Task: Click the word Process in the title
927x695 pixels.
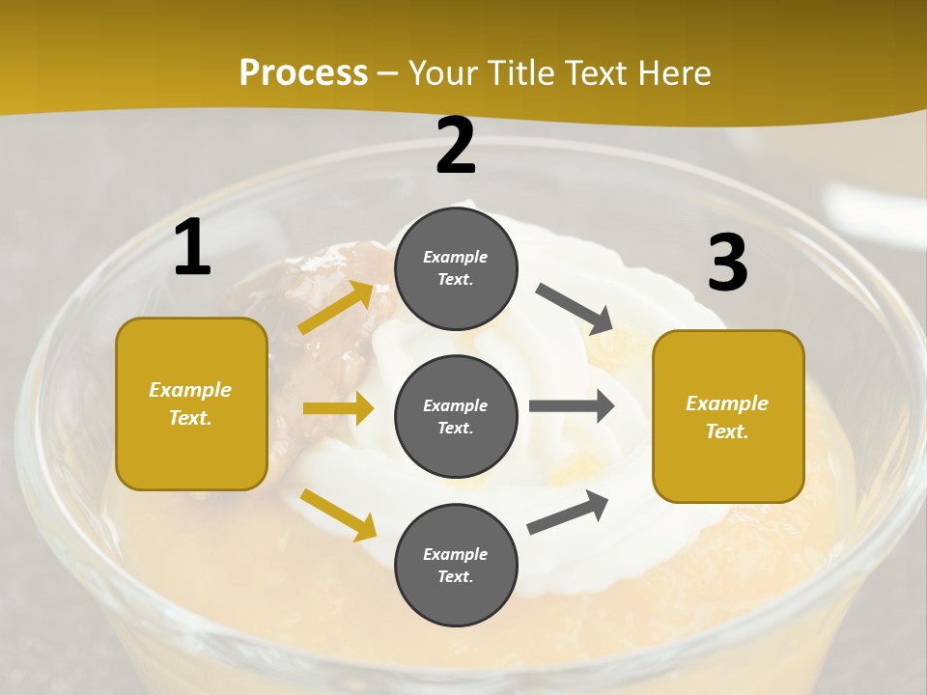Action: (303, 73)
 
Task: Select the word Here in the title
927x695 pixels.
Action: (672, 73)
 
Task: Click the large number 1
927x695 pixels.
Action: (192, 248)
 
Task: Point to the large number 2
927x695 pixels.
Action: (456, 146)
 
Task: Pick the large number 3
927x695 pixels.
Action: (727, 263)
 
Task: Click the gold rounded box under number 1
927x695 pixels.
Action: (191, 403)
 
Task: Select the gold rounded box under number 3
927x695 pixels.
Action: (728, 417)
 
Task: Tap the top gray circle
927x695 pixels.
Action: (456, 268)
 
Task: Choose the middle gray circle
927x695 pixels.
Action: (456, 416)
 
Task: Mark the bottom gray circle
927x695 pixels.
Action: (456, 565)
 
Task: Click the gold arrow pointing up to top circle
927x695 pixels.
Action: (336, 308)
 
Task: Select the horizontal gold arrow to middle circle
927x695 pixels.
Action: (338, 408)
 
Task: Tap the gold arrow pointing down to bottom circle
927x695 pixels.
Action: (338, 513)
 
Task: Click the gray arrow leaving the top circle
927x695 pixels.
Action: (575, 306)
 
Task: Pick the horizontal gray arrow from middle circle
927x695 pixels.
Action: (572, 405)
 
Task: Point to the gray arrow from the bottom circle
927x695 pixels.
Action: (568, 513)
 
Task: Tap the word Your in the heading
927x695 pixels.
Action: (440, 73)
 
